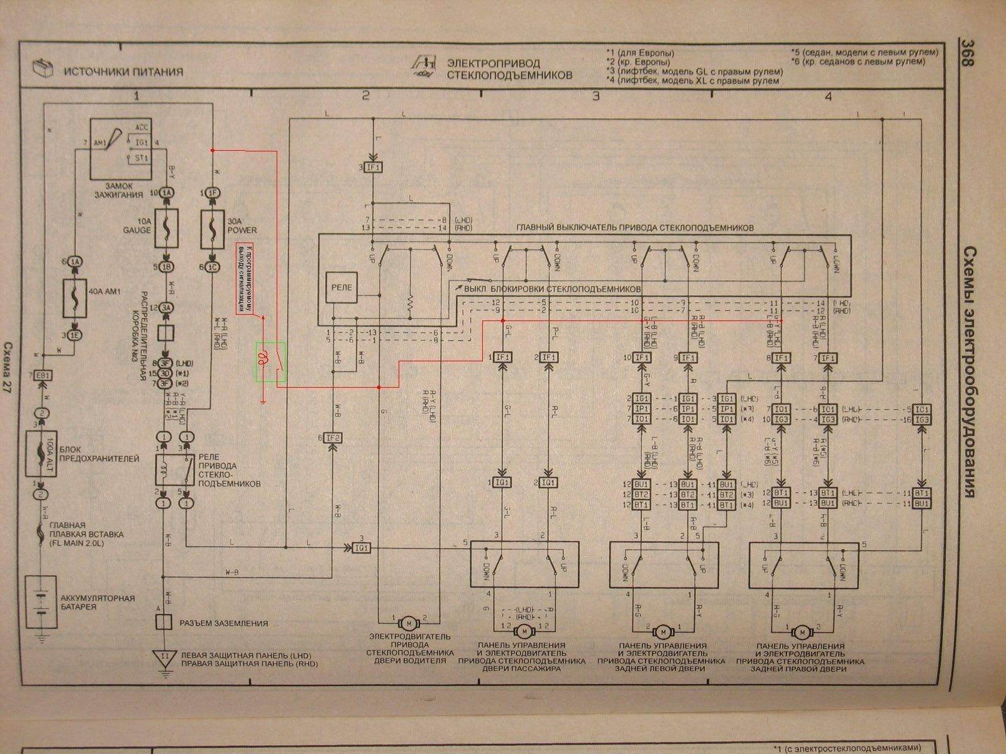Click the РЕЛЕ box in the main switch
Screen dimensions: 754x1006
341,288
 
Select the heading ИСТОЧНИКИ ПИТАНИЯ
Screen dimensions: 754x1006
123,71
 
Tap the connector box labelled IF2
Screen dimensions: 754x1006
333,437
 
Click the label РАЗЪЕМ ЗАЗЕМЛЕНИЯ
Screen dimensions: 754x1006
223,623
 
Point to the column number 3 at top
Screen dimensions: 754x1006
595,96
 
